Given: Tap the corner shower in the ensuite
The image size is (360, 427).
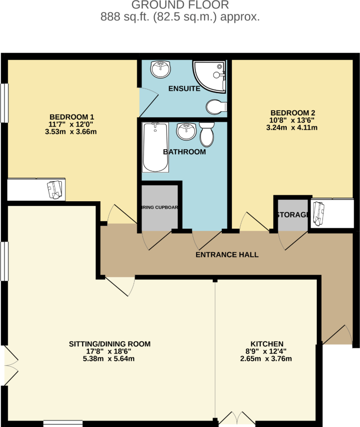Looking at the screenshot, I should tap(211, 75).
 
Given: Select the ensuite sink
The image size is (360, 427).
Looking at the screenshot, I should tap(161, 70).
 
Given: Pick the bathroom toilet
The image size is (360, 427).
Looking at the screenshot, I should tap(207, 134).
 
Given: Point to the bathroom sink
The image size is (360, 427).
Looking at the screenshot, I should tap(186, 131).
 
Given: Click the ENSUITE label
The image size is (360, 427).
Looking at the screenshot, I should tap(184, 89).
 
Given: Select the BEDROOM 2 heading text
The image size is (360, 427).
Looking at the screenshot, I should tap(294, 113).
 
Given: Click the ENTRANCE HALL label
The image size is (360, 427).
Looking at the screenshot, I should tap(227, 255).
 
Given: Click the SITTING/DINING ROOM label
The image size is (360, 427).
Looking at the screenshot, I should tap(110, 344).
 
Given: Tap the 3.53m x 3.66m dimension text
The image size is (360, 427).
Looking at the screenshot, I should tap(69, 132).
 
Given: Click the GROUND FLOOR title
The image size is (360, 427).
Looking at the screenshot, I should tap(180, 6).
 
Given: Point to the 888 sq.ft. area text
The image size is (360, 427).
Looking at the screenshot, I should tap(180, 17).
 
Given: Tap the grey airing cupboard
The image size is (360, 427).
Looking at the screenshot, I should tap(160, 207).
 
